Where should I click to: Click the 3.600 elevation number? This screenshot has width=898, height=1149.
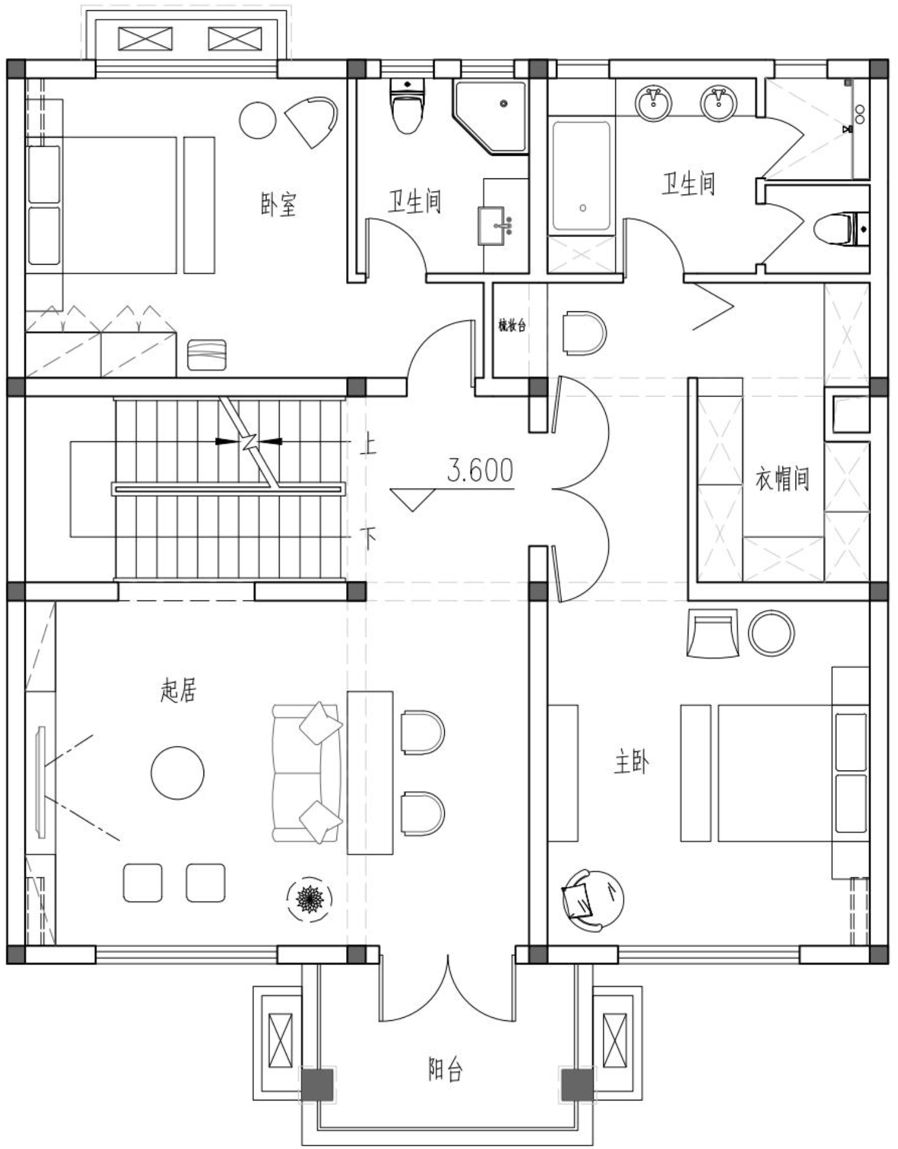pyautogui.click(x=480, y=471)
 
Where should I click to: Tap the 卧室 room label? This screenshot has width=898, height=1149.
pyautogui.click(x=278, y=205)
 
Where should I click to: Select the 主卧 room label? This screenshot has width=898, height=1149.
pyautogui.click(x=631, y=762)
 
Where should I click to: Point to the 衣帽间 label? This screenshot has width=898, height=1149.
pyautogui.click(x=782, y=478)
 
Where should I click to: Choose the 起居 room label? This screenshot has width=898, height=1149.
pyautogui.click(x=178, y=690)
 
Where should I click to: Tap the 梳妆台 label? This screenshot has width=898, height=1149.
pyautogui.click(x=512, y=326)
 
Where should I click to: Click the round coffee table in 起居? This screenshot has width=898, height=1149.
pyautogui.click(x=177, y=772)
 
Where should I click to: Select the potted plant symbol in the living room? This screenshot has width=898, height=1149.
pyautogui.click(x=310, y=898)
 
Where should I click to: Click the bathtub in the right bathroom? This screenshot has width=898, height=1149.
pyautogui.click(x=582, y=176)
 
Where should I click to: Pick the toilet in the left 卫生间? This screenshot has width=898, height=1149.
pyautogui.click(x=408, y=106)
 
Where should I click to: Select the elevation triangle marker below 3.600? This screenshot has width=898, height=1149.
pyautogui.click(x=412, y=499)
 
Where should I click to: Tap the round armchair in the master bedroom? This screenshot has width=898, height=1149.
pyautogui.click(x=593, y=900)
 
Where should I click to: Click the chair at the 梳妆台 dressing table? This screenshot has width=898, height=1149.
pyautogui.click(x=584, y=333)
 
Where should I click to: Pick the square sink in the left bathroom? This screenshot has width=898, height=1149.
pyautogui.click(x=492, y=226)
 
